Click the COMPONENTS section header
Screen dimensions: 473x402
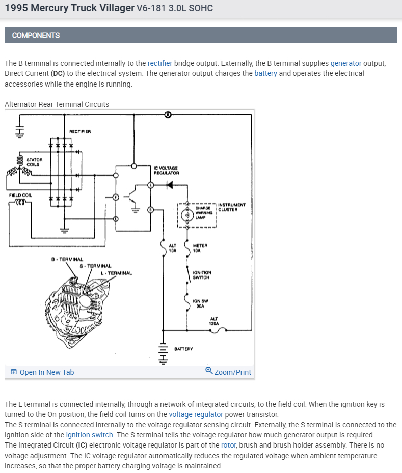tap(36, 35)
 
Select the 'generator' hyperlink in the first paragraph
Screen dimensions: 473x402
tap(345, 63)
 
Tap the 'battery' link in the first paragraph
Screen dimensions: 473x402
tap(265, 73)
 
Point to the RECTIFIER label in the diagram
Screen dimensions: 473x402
tap(80, 132)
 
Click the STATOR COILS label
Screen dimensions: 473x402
tap(34, 162)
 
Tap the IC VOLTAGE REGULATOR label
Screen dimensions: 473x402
tap(166, 170)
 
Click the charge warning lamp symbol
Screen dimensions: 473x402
tap(187, 215)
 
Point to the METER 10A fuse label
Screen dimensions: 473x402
tap(200, 248)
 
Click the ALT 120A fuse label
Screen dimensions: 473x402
tap(214, 321)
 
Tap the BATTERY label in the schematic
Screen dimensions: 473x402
tap(183, 349)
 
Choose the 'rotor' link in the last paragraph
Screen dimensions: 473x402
tap(228, 445)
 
